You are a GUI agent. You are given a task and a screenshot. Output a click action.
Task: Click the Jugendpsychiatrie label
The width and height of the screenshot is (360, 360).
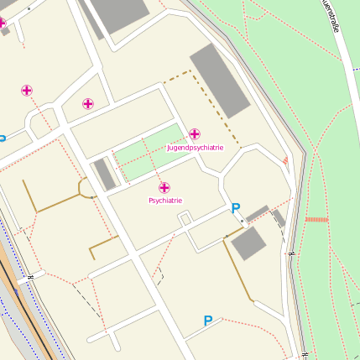[195, 148]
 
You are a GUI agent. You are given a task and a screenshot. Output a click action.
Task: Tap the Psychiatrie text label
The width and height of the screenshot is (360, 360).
[165, 201]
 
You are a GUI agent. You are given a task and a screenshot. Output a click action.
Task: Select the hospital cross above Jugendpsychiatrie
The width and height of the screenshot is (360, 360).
[195, 134]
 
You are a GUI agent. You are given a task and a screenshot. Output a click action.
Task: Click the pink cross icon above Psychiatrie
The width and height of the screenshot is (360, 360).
[164, 188]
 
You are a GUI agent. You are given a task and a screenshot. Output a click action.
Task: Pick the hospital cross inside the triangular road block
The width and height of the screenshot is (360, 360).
[88, 104]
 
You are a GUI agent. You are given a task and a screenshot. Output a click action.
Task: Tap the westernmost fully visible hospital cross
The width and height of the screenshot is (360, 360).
[27, 91]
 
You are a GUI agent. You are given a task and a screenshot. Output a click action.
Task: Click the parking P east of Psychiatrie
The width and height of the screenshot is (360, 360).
[236, 208]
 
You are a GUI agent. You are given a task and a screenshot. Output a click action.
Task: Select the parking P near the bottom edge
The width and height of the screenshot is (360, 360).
[208, 320]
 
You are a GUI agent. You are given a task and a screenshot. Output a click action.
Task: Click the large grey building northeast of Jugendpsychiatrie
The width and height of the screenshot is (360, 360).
[221, 80]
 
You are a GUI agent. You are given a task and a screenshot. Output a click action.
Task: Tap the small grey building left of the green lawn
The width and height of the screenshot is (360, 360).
[105, 175]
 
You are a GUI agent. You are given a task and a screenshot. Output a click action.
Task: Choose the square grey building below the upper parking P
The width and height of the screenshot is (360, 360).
[248, 243]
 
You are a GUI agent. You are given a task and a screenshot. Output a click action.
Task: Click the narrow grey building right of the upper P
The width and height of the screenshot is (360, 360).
[258, 213]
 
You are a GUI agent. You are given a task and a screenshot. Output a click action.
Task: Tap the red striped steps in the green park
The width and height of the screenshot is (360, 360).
[316, 219]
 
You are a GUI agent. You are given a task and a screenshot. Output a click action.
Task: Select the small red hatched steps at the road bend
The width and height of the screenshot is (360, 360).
[286, 160]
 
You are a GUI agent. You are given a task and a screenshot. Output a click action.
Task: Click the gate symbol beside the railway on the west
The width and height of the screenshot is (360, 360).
[30, 276]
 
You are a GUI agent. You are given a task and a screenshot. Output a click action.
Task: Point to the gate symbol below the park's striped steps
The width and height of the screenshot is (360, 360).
[291, 253]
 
